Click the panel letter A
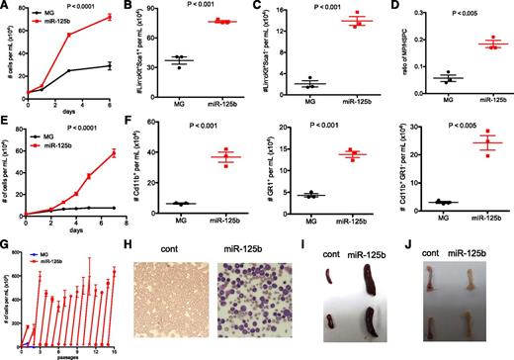(x=7, y=7)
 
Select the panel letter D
(x=392, y=7)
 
